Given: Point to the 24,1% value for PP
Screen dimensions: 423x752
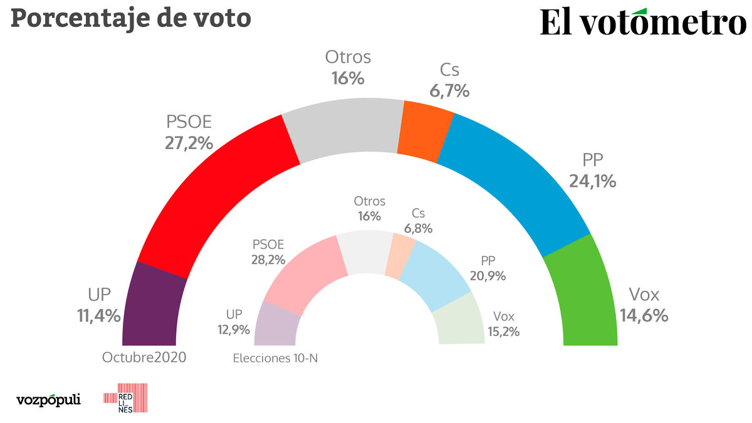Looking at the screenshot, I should coord(592,181).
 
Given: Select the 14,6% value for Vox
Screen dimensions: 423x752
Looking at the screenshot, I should coord(644,315).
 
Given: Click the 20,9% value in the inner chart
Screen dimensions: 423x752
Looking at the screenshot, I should coord(488,276).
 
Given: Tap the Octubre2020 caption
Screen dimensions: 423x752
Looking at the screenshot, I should coord(144,357).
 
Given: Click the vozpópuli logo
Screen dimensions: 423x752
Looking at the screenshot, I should coord(48,399).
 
